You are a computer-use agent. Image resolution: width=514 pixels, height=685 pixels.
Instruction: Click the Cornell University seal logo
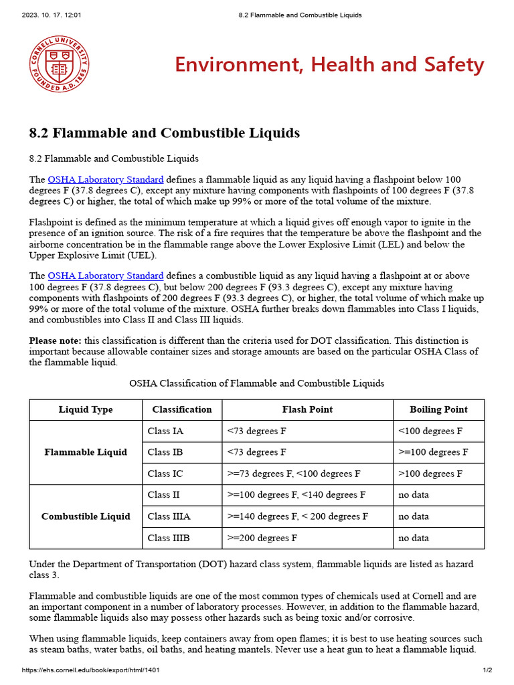(x=59, y=65)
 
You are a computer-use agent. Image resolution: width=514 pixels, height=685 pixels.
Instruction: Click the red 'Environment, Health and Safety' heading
(x=329, y=65)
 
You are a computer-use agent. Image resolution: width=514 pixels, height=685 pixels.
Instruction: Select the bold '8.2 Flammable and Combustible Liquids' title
(x=165, y=132)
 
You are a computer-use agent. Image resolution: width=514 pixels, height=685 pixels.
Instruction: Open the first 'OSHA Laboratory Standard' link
(x=106, y=180)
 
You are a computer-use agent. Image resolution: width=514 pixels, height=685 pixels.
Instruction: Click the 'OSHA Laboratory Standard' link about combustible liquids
(x=106, y=276)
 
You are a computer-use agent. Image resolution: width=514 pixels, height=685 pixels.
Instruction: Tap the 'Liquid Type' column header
(x=86, y=409)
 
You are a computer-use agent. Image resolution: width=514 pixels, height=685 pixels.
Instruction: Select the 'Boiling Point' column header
(x=438, y=409)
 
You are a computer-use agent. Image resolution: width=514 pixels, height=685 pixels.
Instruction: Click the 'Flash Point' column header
(x=307, y=409)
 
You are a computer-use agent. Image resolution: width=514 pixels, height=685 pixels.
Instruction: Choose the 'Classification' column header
(x=182, y=409)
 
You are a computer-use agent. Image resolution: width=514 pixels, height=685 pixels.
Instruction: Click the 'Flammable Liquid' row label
(x=86, y=452)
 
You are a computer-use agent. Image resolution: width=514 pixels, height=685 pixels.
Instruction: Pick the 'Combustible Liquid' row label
(x=86, y=516)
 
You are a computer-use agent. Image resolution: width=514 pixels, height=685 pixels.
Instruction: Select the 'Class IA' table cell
(x=165, y=431)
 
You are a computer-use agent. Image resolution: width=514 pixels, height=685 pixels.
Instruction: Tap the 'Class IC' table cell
(x=165, y=474)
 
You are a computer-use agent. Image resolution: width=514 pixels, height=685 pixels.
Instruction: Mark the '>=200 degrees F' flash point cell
(x=262, y=538)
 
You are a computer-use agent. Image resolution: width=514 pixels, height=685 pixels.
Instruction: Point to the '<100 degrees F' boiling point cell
(x=430, y=431)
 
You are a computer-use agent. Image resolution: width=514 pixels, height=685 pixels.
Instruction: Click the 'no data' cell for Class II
(x=414, y=495)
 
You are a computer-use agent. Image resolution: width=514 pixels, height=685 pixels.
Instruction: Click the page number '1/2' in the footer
(x=487, y=670)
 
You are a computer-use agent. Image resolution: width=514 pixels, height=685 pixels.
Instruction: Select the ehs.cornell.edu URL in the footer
(x=90, y=670)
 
